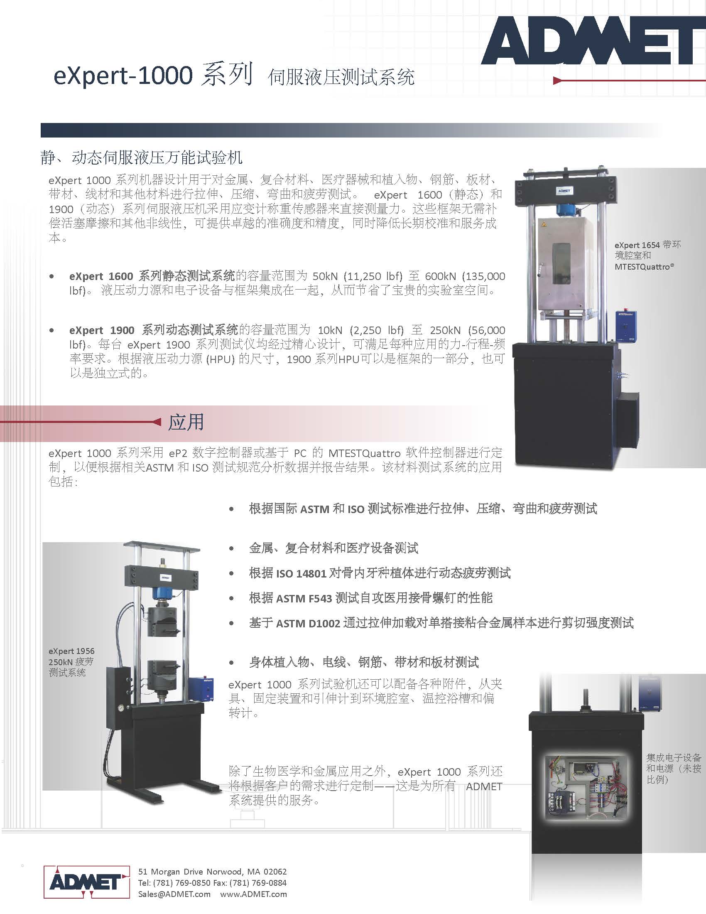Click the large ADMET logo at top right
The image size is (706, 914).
point(593,41)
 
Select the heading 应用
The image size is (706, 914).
point(186,422)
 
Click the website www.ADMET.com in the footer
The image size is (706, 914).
point(253,894)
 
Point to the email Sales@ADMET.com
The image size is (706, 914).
point(174,894)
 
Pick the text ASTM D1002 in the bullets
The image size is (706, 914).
point(308,623)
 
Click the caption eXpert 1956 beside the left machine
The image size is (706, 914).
point(71,651)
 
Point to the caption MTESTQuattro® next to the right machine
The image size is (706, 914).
point(644,267)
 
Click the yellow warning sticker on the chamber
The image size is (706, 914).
point(544,225)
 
